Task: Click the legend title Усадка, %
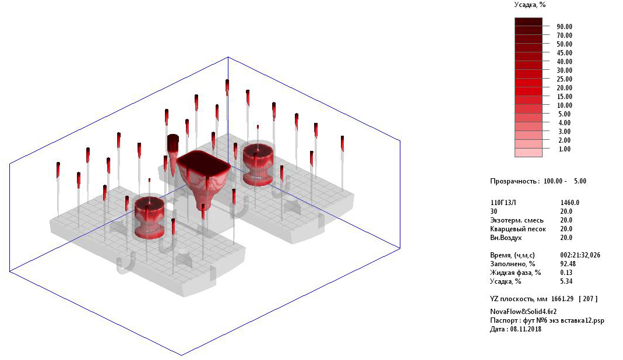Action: point(530,5)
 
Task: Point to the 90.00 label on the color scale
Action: point(564,27)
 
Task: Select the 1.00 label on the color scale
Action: point(564,149)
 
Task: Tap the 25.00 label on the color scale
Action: point(564,79)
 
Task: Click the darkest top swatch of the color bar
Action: point(529,22)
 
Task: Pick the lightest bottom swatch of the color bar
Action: point(529,153)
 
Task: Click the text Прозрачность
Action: point(515,181)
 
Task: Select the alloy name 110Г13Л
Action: point(503,203)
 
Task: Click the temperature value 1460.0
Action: point(570,203)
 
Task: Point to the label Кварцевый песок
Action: point(518,230)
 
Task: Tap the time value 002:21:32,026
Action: point(580,255)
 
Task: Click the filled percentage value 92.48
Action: point(568,264)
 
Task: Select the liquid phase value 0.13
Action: point(566,273)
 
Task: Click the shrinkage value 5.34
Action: point(566,281)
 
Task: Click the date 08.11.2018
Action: point(526,329)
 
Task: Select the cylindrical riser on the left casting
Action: point(149,217)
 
